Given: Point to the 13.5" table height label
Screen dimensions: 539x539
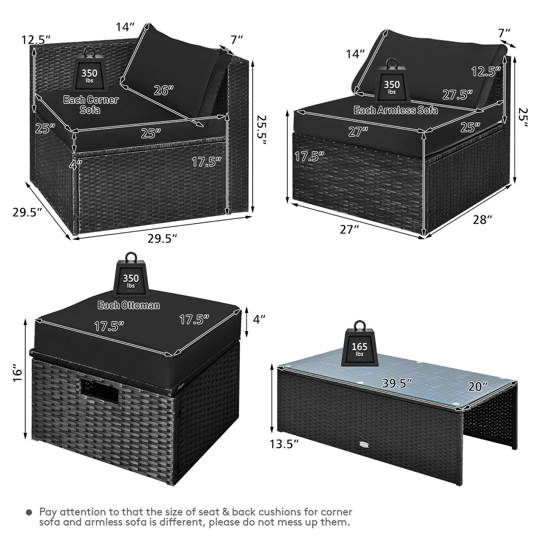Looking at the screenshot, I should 286,444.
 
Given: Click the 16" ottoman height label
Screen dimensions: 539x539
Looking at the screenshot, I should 17,373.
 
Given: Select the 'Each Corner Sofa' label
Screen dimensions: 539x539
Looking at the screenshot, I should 91,104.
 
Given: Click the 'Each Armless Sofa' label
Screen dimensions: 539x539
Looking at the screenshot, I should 396,110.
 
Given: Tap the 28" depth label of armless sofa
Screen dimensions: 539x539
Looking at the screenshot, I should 483,220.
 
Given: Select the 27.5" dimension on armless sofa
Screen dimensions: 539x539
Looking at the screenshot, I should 457,95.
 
